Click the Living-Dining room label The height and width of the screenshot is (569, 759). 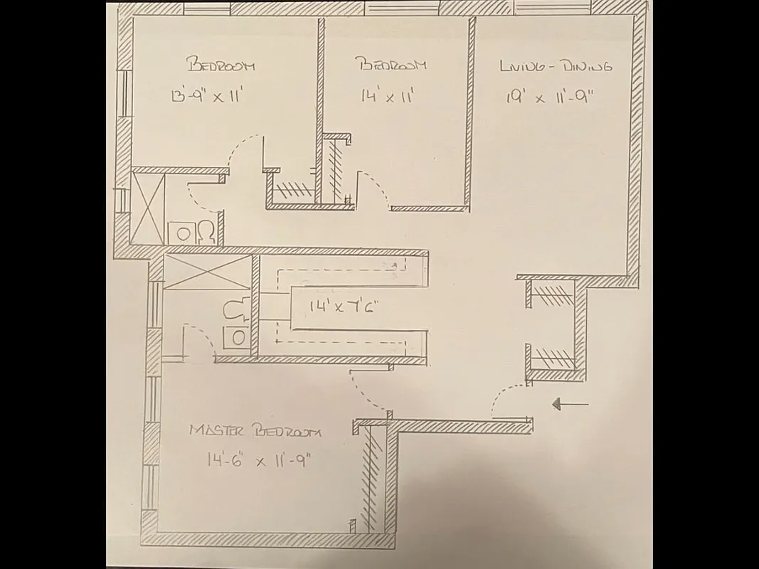556,67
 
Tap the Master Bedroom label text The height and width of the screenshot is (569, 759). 255,431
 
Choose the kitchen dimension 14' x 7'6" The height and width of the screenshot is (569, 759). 342,307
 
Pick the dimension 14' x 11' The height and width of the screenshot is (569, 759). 388,96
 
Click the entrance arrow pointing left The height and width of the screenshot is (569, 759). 570,405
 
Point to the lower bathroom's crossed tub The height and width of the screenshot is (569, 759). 207,272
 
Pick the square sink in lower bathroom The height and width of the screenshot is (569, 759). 236,336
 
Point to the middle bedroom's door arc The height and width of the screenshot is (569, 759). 375,186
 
